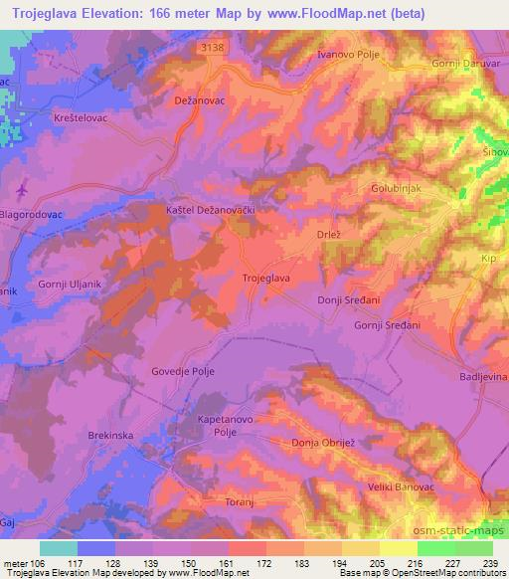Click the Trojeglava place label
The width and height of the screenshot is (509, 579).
tap(266, 279)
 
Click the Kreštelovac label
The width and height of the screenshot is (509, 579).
tap(45, 117)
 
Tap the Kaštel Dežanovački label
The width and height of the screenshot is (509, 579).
tap(212, 211)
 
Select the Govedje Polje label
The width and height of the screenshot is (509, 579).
tap(182, 371)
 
